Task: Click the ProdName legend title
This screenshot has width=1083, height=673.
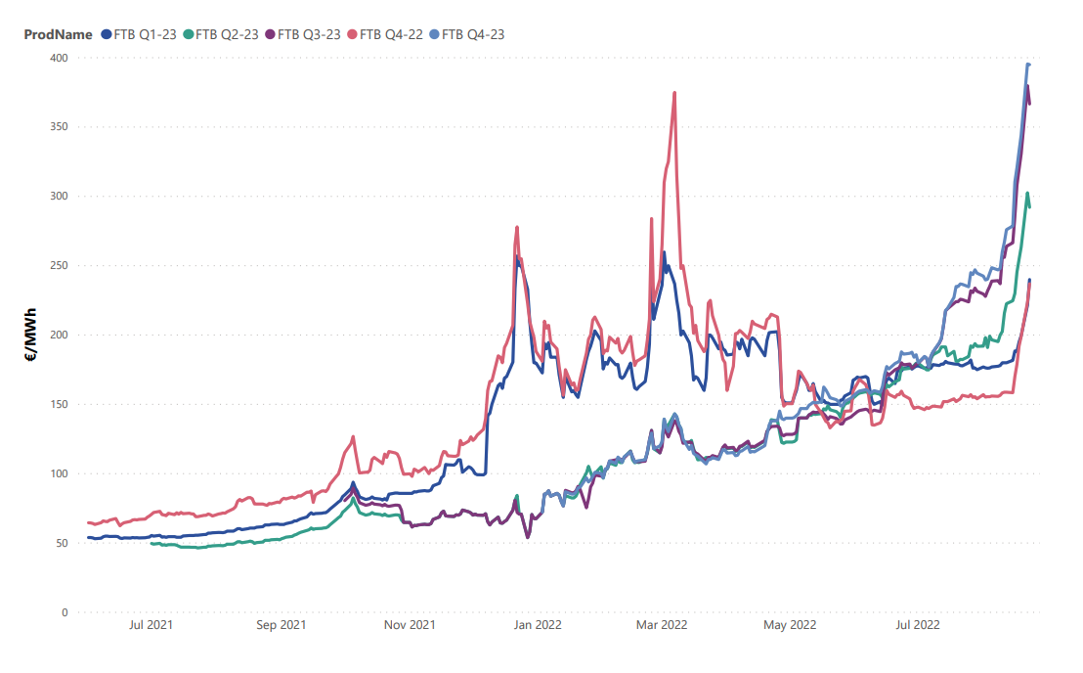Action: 58,34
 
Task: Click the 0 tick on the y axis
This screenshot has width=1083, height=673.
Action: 65,612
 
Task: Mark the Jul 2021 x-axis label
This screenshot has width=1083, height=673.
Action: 152,624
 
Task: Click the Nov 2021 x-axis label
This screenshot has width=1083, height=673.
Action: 410,624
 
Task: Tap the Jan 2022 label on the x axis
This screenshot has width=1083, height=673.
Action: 538,624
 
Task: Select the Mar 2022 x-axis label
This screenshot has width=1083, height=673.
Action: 662,624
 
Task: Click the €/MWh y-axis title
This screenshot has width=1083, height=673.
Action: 30,336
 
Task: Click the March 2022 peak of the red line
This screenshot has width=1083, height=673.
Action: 674,93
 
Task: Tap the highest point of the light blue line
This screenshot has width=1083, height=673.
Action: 1027,65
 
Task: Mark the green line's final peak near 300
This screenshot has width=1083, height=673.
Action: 1027,194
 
